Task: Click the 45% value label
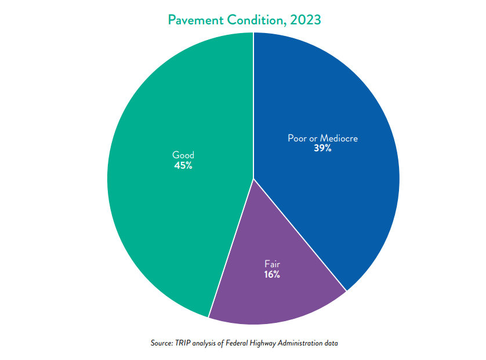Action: coord(183,166)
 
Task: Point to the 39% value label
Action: coord(322,148)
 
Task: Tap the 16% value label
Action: coord(271,274)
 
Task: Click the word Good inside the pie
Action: coord(183,155)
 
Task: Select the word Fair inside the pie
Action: coord(272,264)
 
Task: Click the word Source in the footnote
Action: coord(161,343)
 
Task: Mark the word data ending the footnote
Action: coord(331,343)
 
